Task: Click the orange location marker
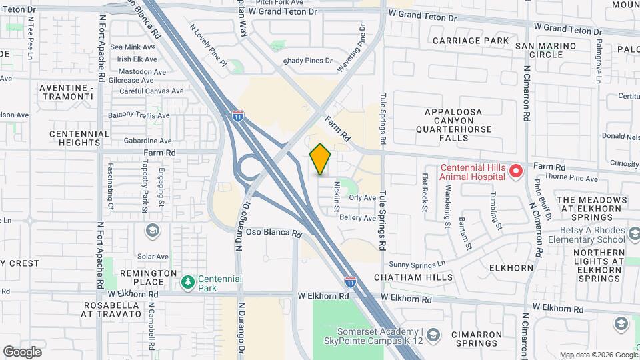click(x=321, y=159)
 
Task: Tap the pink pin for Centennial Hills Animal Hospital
click(x=515, y=172)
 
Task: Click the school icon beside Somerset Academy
click(x=433, y=334)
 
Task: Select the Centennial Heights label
click(x=79, y=138)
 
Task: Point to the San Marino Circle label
click(x=549, y=49)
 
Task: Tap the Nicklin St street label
click(x=337, y=193)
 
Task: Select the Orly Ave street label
click(x=363, y=197)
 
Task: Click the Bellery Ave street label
click(x=358, y=218)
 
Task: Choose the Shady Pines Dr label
click(x=307, y=61)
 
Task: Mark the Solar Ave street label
click(x=153, y=256)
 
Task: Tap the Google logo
click(x=22, y=352)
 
